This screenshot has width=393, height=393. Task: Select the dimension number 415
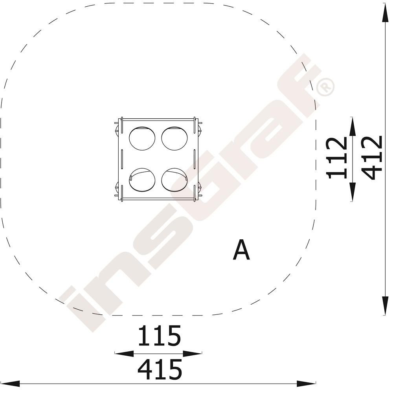point(160,369)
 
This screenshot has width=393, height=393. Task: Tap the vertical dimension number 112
point(337,158)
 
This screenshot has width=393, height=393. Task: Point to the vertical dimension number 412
point(372,158)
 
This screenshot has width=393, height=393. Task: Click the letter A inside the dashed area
point(241,250)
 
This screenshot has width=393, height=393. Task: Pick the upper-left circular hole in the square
point(142,139)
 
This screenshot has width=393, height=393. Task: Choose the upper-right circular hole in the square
point(174,139)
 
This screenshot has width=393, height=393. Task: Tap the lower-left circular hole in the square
point(142,180)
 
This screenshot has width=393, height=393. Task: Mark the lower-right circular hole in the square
point(174,180)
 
